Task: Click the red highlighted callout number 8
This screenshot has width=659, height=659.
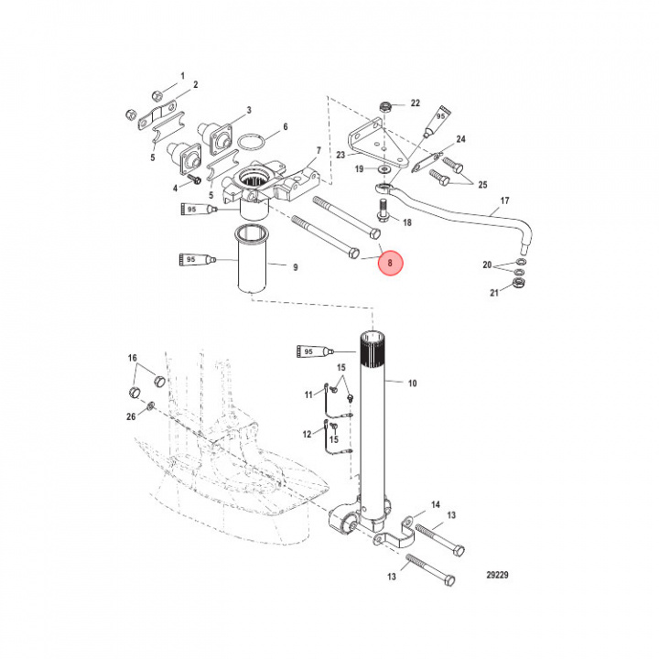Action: pos(391,263)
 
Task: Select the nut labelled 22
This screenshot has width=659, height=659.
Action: pos(384,106)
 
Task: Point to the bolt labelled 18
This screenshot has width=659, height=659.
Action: pos(382,210)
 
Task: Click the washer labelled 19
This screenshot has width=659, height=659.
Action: pos(384,169)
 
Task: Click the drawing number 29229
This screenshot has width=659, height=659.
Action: pos(497,575)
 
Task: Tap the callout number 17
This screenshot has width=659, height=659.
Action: pos(504,200)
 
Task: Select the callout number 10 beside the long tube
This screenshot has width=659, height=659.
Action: pos(412,383)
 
